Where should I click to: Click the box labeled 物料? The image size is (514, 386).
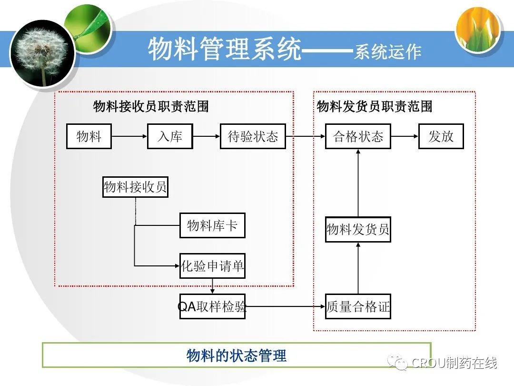89,137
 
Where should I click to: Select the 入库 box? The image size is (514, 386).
170,137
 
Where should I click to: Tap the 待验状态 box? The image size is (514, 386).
253,137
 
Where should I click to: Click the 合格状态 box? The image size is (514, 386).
358,137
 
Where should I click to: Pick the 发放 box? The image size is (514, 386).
441,137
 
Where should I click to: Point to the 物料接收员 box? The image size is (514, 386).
136,187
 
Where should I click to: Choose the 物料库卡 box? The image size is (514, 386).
212,225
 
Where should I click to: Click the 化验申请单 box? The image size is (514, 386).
212,266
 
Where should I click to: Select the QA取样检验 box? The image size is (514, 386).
212,306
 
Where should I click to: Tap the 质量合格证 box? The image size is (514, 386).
358,306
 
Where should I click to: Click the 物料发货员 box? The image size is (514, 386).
358,229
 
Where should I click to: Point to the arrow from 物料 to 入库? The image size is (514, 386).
129,137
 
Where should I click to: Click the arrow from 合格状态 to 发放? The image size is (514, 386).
405,137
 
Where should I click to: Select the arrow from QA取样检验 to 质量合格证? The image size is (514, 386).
286,306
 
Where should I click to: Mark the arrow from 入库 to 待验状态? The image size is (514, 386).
206,137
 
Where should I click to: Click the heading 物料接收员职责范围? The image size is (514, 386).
151,106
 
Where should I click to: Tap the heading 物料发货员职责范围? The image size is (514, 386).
375,106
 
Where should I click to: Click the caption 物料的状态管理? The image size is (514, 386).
237,356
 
